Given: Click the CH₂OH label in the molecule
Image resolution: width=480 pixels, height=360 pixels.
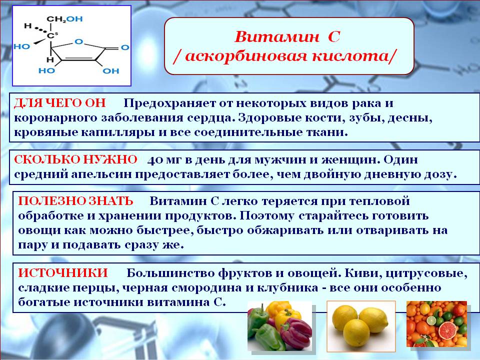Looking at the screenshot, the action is (x=64, y=19).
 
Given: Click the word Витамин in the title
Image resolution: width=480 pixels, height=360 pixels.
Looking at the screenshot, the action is (x=276, y=37).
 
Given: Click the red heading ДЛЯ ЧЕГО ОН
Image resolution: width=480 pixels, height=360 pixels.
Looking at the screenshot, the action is (x=60, y=103).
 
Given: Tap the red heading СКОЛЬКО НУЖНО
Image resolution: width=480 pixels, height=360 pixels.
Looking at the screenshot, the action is (x=75, y=159).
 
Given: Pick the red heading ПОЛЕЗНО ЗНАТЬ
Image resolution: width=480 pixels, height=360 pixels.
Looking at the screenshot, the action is (x=75, y=201).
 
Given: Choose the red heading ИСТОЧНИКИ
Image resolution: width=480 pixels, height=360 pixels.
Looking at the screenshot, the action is (x=63, y=272).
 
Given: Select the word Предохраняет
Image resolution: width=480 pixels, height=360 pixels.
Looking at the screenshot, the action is (x=169, y=103).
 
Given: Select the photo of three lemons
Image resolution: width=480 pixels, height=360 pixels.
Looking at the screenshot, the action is (x=361, y=326).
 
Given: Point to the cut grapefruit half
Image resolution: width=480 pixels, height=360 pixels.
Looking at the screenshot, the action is (x=447, y=330).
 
